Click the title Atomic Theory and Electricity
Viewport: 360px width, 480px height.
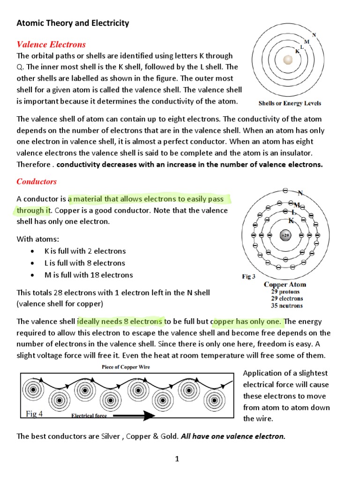click(73, 23)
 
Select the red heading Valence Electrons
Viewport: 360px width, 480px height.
click(51, 45)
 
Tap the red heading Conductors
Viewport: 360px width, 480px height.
click(37, 181)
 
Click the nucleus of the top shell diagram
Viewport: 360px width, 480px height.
click(288, 60)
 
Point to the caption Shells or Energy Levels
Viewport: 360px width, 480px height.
click(289, 103)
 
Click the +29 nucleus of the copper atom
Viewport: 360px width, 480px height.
click(285, 235)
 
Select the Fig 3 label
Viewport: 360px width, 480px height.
click(248, 277)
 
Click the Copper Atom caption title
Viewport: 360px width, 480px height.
click(285, 285)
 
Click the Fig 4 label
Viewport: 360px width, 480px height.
click(34, 413)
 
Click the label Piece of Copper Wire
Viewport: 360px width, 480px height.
click(126, 367)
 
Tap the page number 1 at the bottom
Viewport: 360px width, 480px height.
click(177, 459)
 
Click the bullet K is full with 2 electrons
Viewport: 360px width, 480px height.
click(85, 251)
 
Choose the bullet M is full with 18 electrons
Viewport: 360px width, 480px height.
click(89, 275)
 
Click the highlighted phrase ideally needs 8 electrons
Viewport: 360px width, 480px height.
click(120, 322)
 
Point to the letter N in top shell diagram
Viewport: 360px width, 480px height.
click(314, 35)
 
